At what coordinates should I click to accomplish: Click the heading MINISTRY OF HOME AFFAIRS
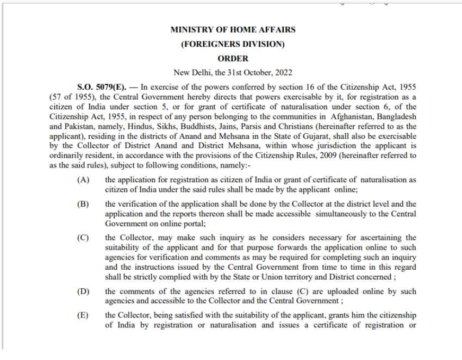pos(233,30)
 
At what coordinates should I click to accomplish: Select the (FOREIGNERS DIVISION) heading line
pos(233,44)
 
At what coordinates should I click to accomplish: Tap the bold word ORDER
pos(233,58)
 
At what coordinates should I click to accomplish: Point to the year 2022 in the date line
pos(283,72)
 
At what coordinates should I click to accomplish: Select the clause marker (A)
pos(83,180)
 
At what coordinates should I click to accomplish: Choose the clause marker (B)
pos(83,204)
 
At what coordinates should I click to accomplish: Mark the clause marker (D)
pos(83,292)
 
